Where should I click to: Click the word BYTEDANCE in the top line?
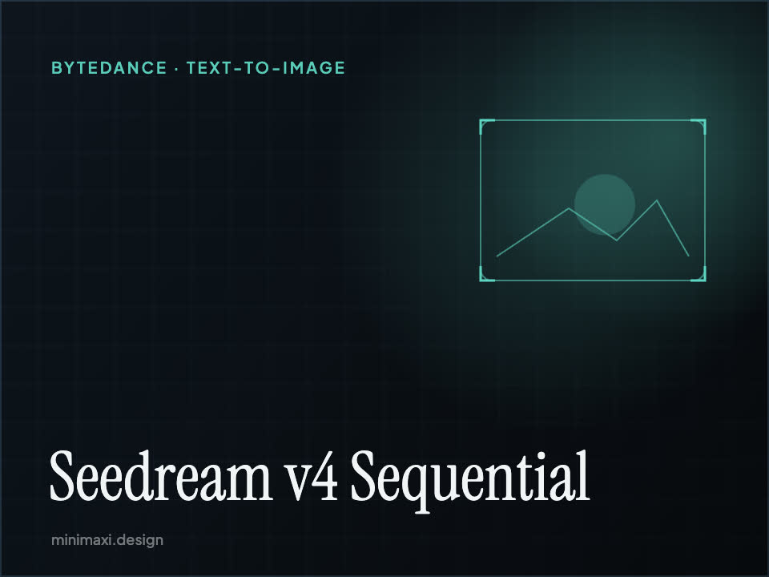click(109, 67)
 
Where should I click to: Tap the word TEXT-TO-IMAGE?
click(266, 67)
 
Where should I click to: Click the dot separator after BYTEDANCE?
click(177, 68)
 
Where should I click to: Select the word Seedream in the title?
click(161, 476)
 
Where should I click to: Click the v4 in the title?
click(312, 477)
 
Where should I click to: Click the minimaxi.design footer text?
click(107, 540)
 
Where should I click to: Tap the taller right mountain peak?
click(657, 200)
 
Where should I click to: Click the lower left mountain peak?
click(569, 208)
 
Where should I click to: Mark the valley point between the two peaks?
click(617, 240)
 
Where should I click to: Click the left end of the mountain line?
click(497, 256)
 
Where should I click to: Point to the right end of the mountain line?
click(689, 256)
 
